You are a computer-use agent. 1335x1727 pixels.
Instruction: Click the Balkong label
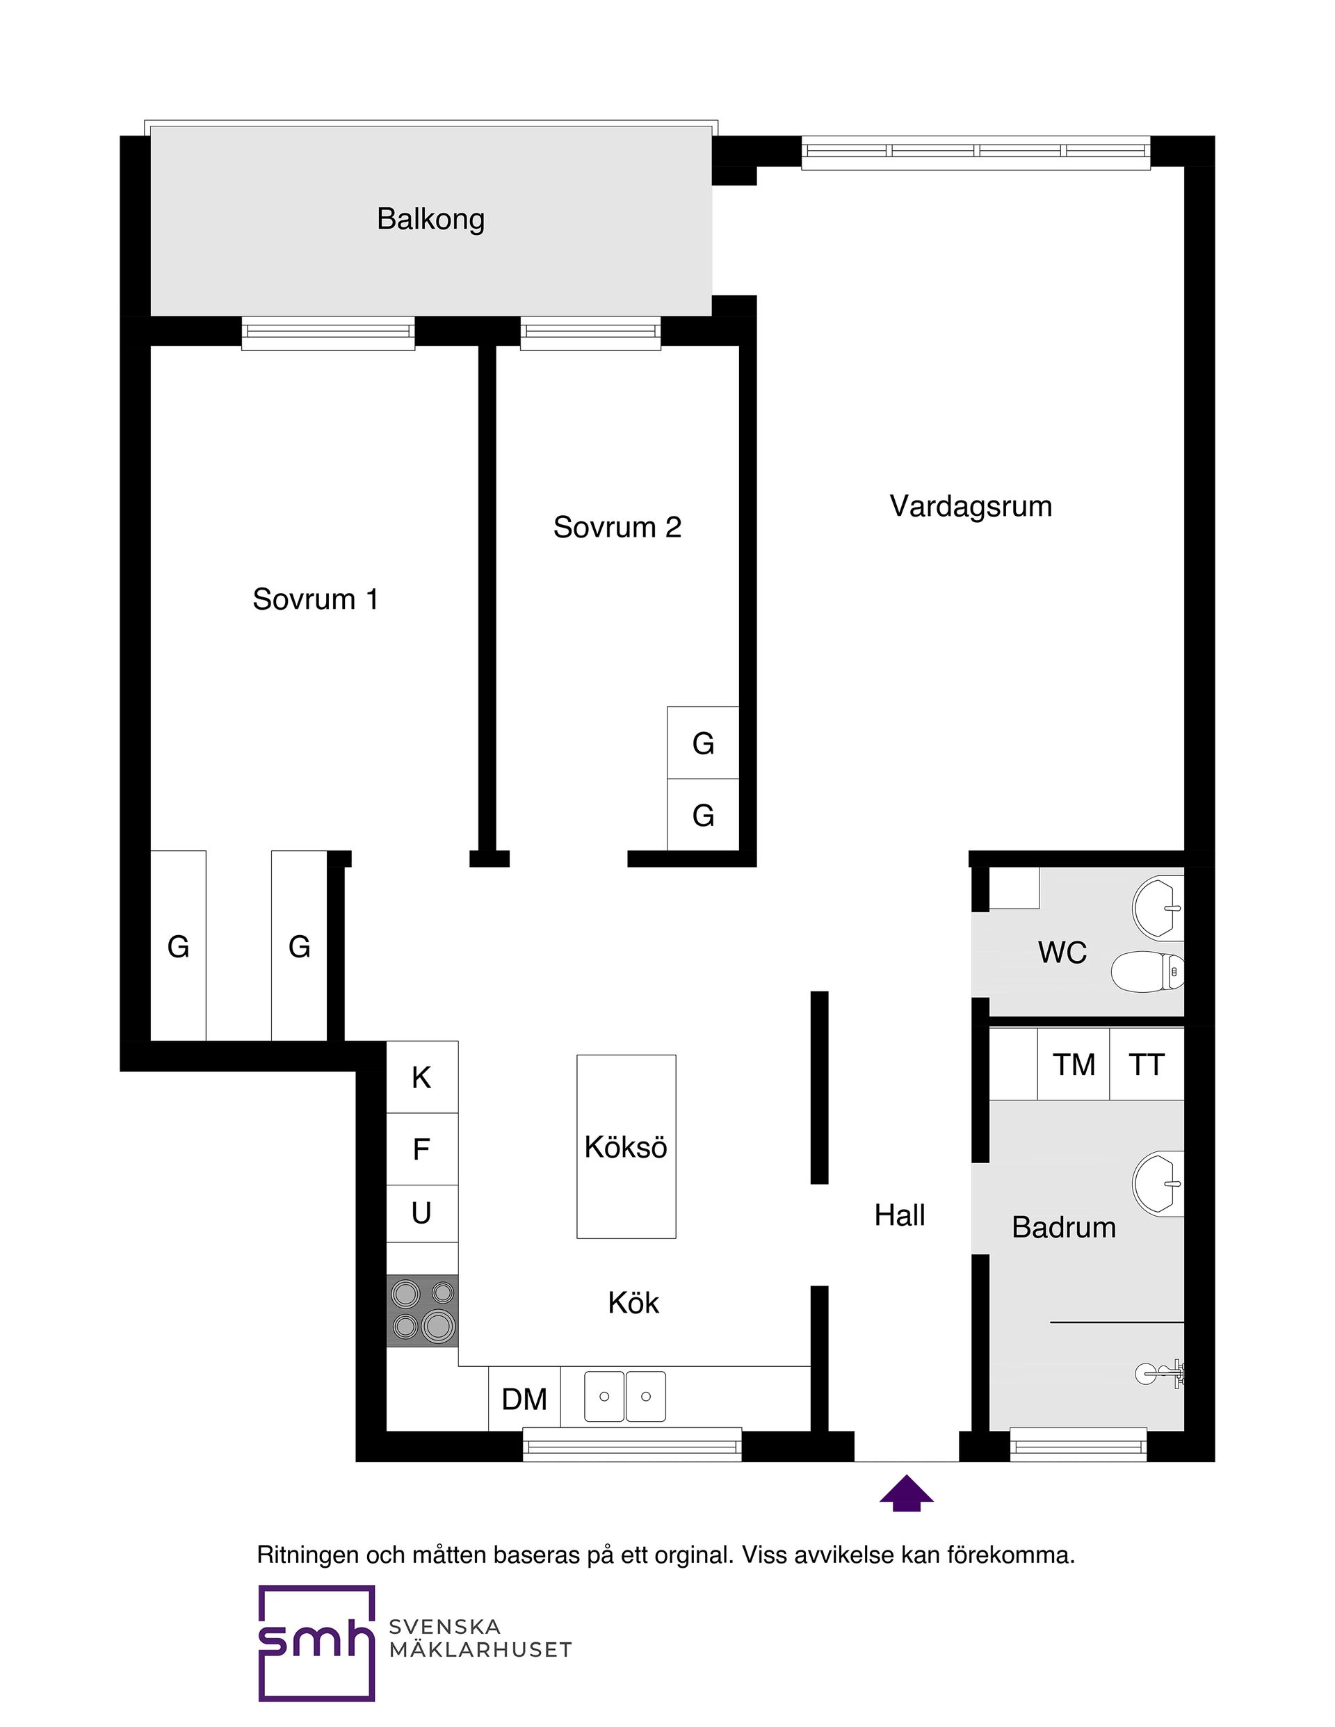pyautogui.click(x=430, y=219)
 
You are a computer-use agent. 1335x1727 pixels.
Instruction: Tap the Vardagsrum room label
pyautogui.click(x=971, y=506)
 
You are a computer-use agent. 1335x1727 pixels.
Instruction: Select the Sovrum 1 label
pyautogui.click(x=315, y=599)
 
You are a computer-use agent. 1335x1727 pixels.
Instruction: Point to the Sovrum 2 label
pyautogui.click(x=617, y=528)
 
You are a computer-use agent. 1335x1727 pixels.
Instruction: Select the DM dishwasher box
pyautogui.click(x=524, y=1399)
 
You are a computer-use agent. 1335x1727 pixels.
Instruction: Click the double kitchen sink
pyautogui.click(x=625, y=1397)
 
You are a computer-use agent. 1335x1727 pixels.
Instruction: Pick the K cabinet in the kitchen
pyautogui.click(x=421, y=1077)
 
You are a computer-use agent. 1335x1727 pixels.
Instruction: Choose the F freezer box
pyautogui.click(x=421, y=1149)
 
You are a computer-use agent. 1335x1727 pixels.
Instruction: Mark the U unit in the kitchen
pyautogui.click(x=421, y=1213)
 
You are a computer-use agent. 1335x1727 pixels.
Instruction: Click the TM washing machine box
pyautogui.click(x=1074, y=1064)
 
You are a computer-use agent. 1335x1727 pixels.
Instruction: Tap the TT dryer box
pyautogui.click(x=1147, y=1064)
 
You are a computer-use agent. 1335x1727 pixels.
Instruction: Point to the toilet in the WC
pyautogui.click(x=1147, y=971)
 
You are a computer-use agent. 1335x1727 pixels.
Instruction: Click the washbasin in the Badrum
pyautogui.click(x=1158, y=1184)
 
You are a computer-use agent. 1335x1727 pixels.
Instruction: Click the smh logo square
pyautogui.click(x=316, y=1643)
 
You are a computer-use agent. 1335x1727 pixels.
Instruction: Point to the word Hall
pyautogui.click(x=899, y=1215)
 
